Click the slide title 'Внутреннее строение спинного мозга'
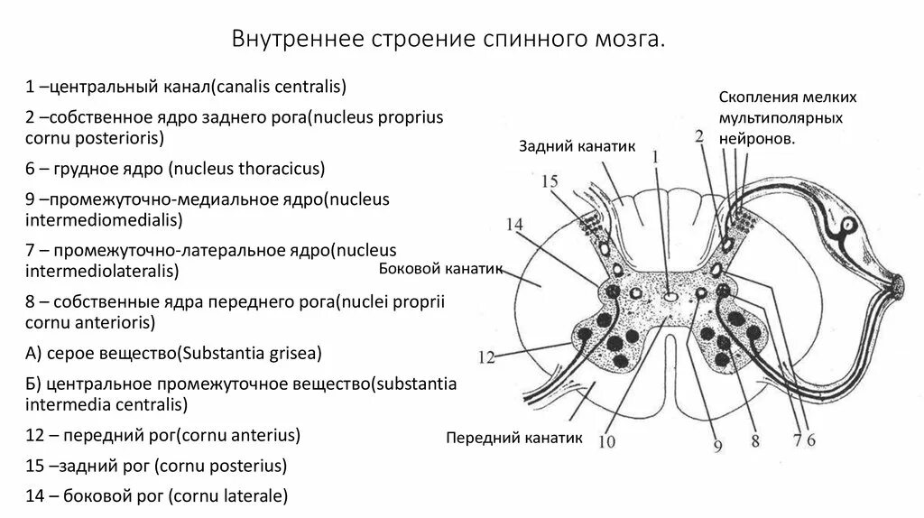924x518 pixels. (x=448, y=41)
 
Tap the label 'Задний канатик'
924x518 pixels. (x=565, y=146)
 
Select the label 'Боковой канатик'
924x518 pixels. (x=437, y=269)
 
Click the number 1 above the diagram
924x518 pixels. (x=655, y=156)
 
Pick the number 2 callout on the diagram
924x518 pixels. (x=698, y=137)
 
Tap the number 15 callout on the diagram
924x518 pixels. (x=550, y=181)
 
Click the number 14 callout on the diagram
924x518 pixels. (x=514, y=225)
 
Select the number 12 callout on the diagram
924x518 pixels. (x=486, y=357)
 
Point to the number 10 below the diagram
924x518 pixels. (x=605, y=441)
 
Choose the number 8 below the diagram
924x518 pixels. (x=754, y=441)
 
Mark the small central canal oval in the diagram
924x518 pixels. (x=670, y=295)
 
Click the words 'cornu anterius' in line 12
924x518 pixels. (x=239, y=435)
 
